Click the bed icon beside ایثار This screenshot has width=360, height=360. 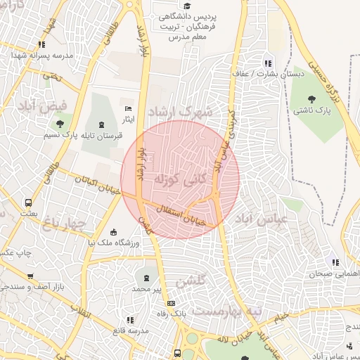click(127, 108)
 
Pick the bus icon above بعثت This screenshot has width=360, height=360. click(28, 202)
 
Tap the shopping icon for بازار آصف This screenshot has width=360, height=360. click(30, 276)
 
